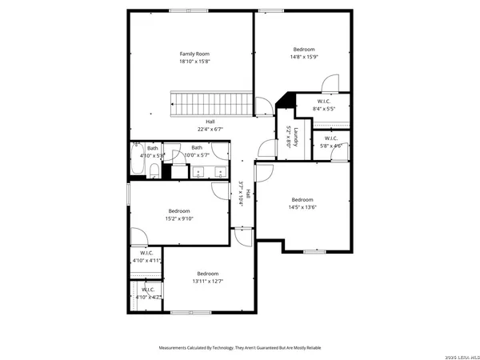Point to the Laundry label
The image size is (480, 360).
pos(296,137)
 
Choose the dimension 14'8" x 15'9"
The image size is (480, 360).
pos(303,57)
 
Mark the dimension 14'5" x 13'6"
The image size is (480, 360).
pos(302,207)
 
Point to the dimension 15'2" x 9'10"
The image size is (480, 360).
pos(179,218)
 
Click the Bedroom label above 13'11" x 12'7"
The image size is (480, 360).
pos(208,274)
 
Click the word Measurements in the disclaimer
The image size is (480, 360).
pos(178,348)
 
